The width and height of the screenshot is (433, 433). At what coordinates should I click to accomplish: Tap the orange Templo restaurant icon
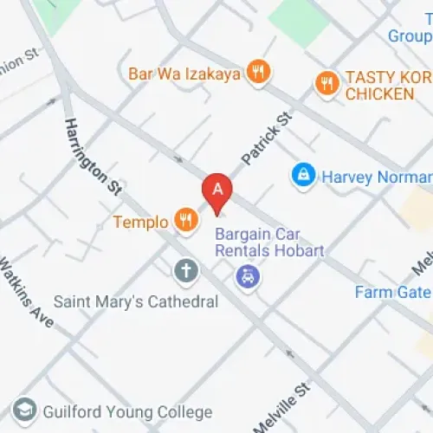pos(185,222)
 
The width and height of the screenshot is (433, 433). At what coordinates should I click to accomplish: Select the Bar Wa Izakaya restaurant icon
pos(256,73)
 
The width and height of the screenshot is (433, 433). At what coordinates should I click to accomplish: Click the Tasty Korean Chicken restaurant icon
pos(326,82)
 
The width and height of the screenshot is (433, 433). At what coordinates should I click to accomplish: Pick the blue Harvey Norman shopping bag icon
pos(303,177)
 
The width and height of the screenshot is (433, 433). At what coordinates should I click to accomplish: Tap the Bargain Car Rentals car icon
pos(248,277)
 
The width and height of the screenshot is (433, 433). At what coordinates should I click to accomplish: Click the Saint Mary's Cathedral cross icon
pos(185,272)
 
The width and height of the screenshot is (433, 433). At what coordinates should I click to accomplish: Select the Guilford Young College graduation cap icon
pos(27,411)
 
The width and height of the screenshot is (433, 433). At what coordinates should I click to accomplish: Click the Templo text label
pos(140,223)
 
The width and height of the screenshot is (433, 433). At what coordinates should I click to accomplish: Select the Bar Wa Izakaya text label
pos(184,74)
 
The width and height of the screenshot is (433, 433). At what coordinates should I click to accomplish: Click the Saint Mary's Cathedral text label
pos(136,302)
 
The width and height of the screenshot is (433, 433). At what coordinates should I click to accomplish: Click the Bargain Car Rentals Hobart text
pos(269,242)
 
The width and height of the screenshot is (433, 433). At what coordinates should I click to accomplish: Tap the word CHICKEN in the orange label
pos(380,94)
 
